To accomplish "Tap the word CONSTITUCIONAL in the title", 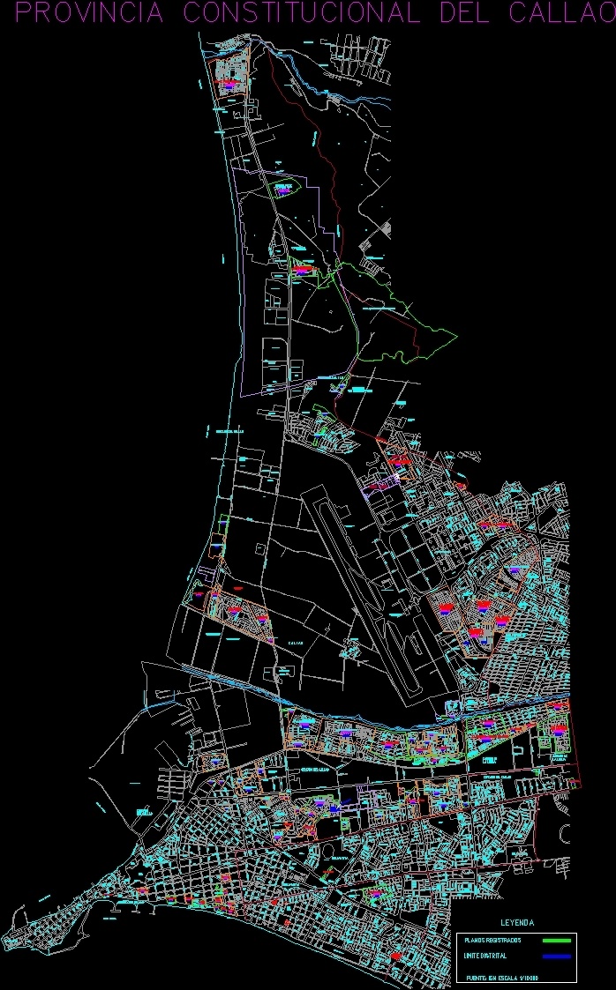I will click(x=299, y=13).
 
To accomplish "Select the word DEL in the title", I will click(x=466, y=13).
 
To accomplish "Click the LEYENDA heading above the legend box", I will click(x=517, y=923).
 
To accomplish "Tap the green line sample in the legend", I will click(x=556, y=941).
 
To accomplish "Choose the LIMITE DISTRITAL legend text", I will click(x=485, y=957).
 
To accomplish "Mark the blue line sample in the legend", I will click(x=556, y=957).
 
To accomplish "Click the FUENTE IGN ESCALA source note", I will click(x=502, y=978).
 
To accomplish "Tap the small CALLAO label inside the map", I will click(x=295, y=643).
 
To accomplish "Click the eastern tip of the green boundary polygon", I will click(x=456, y=334).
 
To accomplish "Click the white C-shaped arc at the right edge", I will click(x=562, y=833).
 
